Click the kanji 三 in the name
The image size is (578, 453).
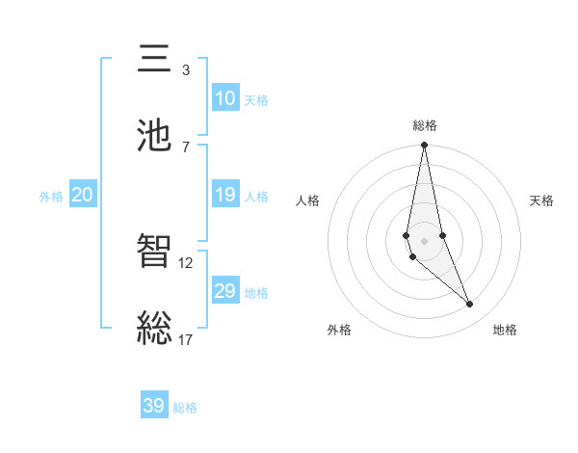(155, 60)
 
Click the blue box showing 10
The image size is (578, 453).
(225, 98)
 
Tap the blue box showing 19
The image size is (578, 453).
(225, 195)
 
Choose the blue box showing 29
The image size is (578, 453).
(225, 291)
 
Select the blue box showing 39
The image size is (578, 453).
(154, 406)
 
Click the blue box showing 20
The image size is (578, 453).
(82, 195)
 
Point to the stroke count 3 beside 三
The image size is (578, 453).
(186, 70)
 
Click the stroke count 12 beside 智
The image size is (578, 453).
(186, 262)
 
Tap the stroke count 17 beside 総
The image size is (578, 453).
(186, 339)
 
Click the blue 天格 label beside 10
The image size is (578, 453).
(256, 99)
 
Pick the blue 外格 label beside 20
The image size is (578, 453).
(51, 196)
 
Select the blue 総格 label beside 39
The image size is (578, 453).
(185, 407)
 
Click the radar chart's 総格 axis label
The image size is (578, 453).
(425, 125)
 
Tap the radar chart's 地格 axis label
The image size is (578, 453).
(505, 330)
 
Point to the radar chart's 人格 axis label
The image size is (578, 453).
(308, 200)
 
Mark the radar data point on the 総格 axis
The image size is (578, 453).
(424, 146)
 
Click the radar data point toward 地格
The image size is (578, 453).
(470, 305)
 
